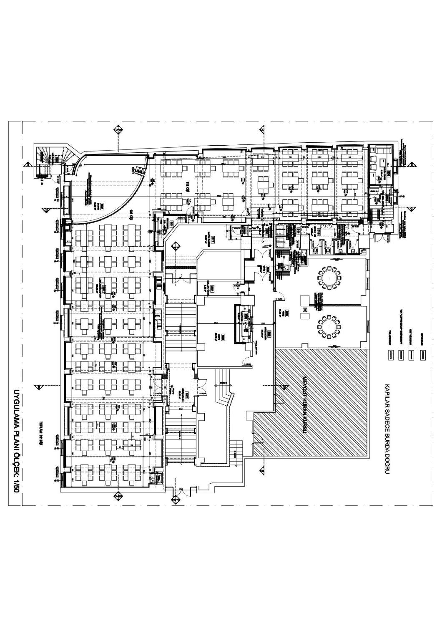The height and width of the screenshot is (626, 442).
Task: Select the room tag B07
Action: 212,288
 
